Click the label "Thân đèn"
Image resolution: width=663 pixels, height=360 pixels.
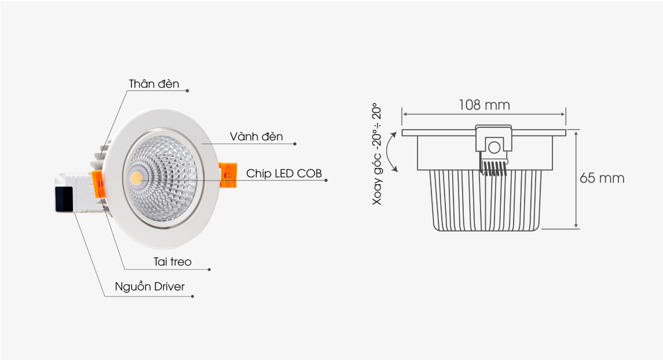[154, 84]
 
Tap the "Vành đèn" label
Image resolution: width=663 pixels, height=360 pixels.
[257, 137]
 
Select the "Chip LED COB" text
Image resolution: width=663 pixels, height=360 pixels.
[284, 173]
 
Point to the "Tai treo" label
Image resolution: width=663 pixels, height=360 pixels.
[173, 262]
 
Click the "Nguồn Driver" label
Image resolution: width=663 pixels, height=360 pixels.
[150, 286]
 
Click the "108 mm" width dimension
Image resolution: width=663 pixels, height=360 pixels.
[485, 105]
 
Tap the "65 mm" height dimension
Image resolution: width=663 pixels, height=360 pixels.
[602, 178]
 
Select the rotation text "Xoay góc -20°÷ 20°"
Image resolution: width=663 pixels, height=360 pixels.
[377, 154]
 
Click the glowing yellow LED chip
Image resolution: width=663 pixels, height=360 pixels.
[137, 177]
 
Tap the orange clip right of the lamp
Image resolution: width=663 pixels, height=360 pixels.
[228, 174]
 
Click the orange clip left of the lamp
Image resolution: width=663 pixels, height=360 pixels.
[98, 185]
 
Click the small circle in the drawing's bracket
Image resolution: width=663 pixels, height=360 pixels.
[494, 148]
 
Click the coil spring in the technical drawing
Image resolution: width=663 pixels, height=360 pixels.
[493, 168]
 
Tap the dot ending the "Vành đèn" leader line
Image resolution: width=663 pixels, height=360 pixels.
[295, 144]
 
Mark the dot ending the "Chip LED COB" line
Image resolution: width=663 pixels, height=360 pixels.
[326, 181]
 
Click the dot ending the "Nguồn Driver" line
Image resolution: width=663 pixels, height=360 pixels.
[192, 296]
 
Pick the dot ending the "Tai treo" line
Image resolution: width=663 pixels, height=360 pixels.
[209, 269]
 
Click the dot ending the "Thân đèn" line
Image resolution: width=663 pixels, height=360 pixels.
[187, 90]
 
